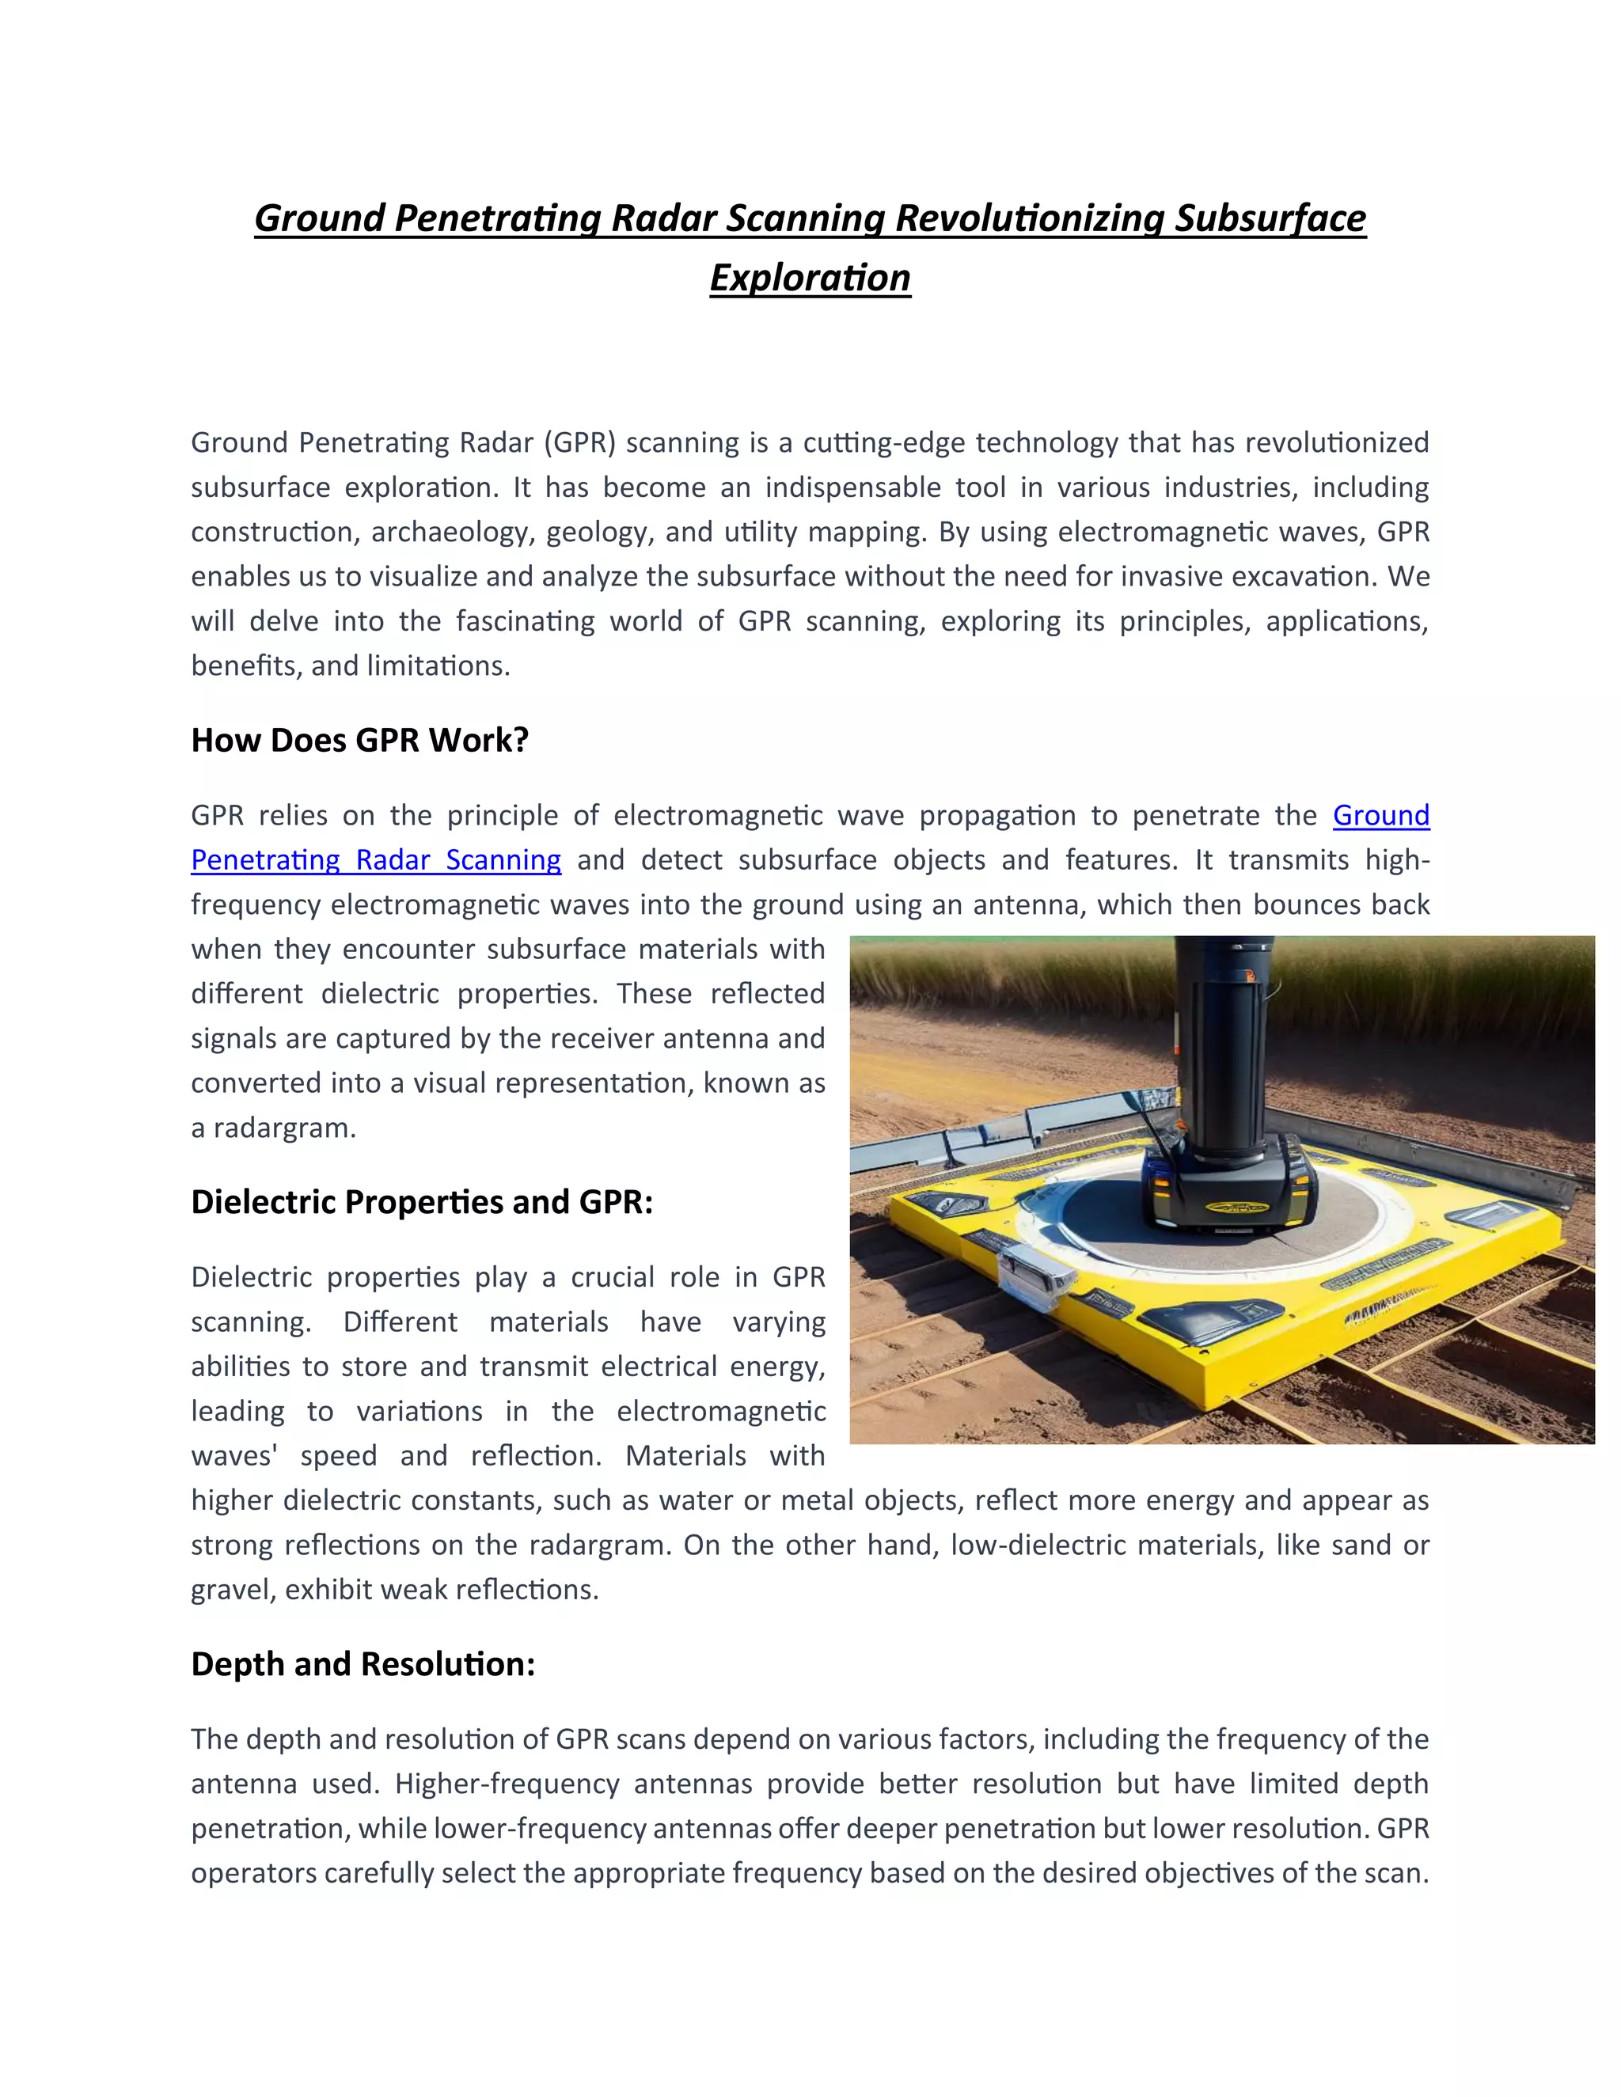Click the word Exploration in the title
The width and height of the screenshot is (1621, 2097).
(x=810, y=279)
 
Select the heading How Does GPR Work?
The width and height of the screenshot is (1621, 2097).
(x=360, y=741)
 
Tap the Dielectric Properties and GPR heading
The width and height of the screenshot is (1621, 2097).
(x=422, y=1202)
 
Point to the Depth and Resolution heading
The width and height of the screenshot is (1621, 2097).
(x=363, y=1664)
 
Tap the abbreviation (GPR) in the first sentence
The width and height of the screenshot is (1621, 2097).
(x=580, y=442)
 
